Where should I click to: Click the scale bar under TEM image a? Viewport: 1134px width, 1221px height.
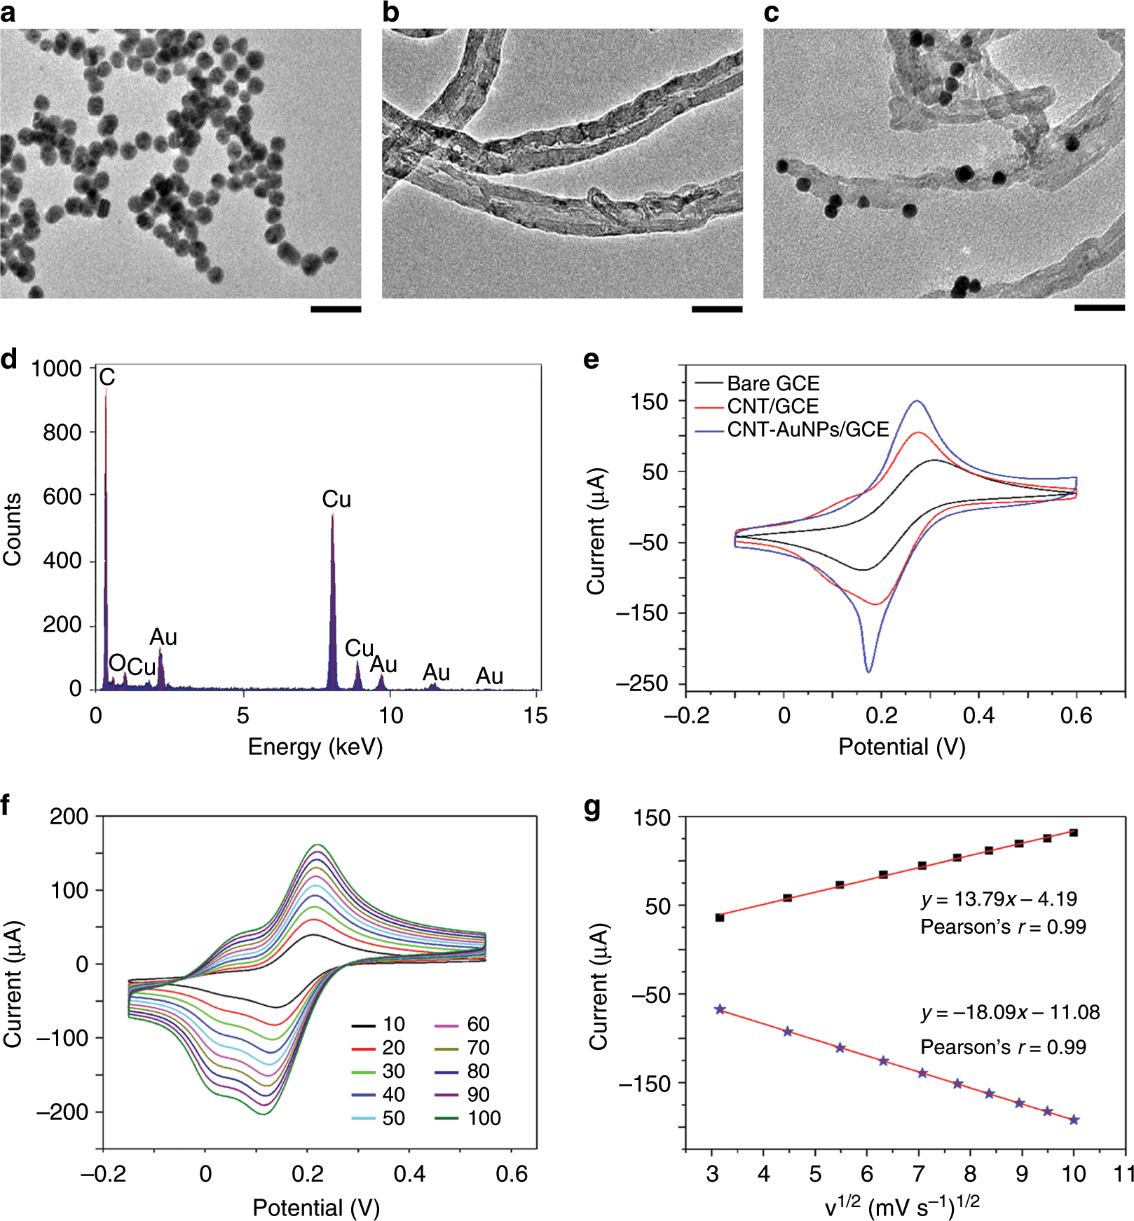(336, 308)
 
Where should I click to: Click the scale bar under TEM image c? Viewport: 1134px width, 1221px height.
(1099, 308)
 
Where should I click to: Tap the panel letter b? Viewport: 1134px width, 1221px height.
(390, 13)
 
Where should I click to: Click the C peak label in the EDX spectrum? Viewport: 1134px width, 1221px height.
(107, 377)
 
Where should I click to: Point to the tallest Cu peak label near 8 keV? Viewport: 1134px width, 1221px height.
(336, 499)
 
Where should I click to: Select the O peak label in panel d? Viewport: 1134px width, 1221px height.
(117, 663)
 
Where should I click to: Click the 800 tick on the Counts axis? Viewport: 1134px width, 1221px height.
(62, 432)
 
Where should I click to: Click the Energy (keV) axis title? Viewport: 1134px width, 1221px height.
(315, 747)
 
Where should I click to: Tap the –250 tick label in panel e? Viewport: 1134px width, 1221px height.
(642, 683)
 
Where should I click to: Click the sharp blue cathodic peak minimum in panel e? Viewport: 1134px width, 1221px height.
(868, 671)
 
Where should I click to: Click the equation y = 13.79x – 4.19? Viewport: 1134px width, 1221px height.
(999, 899)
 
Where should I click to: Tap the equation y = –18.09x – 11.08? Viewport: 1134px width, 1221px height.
(1010, 1013)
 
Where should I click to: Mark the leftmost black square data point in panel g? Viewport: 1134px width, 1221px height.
(720, 918)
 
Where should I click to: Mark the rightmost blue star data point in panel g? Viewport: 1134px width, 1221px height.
(1074, 1120)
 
